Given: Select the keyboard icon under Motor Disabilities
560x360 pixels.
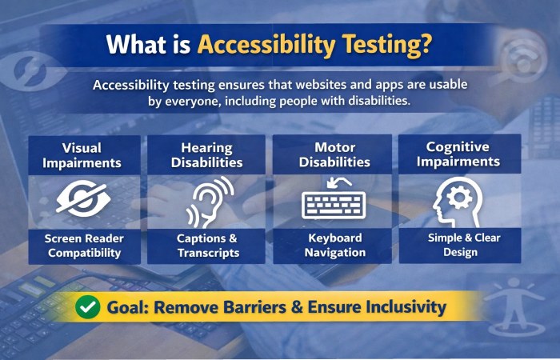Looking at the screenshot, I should click(x=333, y=202).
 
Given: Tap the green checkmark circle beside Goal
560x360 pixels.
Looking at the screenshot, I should click(x=87, y=306).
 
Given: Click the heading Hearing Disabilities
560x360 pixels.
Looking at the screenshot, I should click(x=206, y=154).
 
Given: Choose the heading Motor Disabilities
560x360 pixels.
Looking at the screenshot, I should click(x=334, y=154).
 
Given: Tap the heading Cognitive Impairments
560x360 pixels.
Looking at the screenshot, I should click(x=459, y=154).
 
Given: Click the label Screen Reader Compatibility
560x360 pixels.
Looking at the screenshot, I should click(x=82, y=245).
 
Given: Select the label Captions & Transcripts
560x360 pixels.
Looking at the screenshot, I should click(x=207, y=245).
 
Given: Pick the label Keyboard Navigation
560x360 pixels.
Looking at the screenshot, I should click(x=334, y=245).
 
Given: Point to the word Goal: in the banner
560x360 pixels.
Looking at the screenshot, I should click(x=131, y=306).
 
